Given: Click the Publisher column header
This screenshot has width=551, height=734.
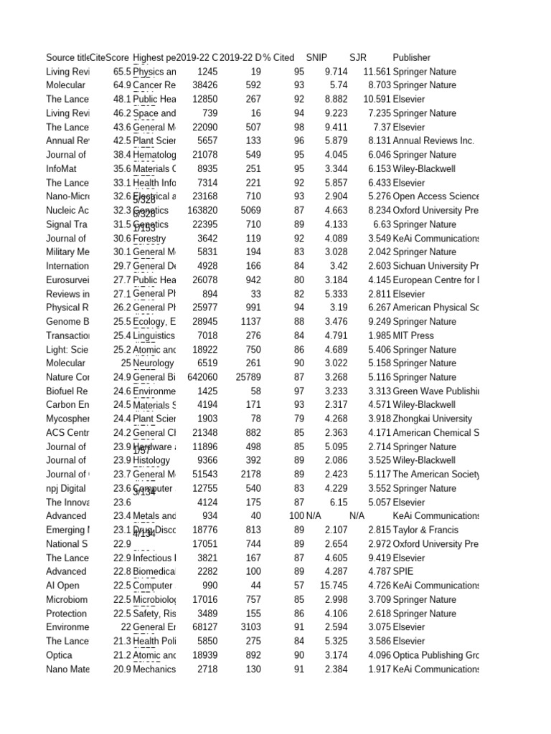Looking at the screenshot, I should (411, 57).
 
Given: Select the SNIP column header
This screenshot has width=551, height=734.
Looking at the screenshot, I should (316, 57).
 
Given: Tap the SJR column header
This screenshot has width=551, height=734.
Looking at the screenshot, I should (357, 57).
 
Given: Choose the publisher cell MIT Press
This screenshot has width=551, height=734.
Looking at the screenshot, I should (413, 335).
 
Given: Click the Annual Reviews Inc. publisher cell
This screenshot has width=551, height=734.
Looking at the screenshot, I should (433, 140).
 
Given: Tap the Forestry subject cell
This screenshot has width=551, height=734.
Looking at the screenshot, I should (149, 238).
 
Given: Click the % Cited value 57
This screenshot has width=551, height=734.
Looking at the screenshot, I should (299, 586).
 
